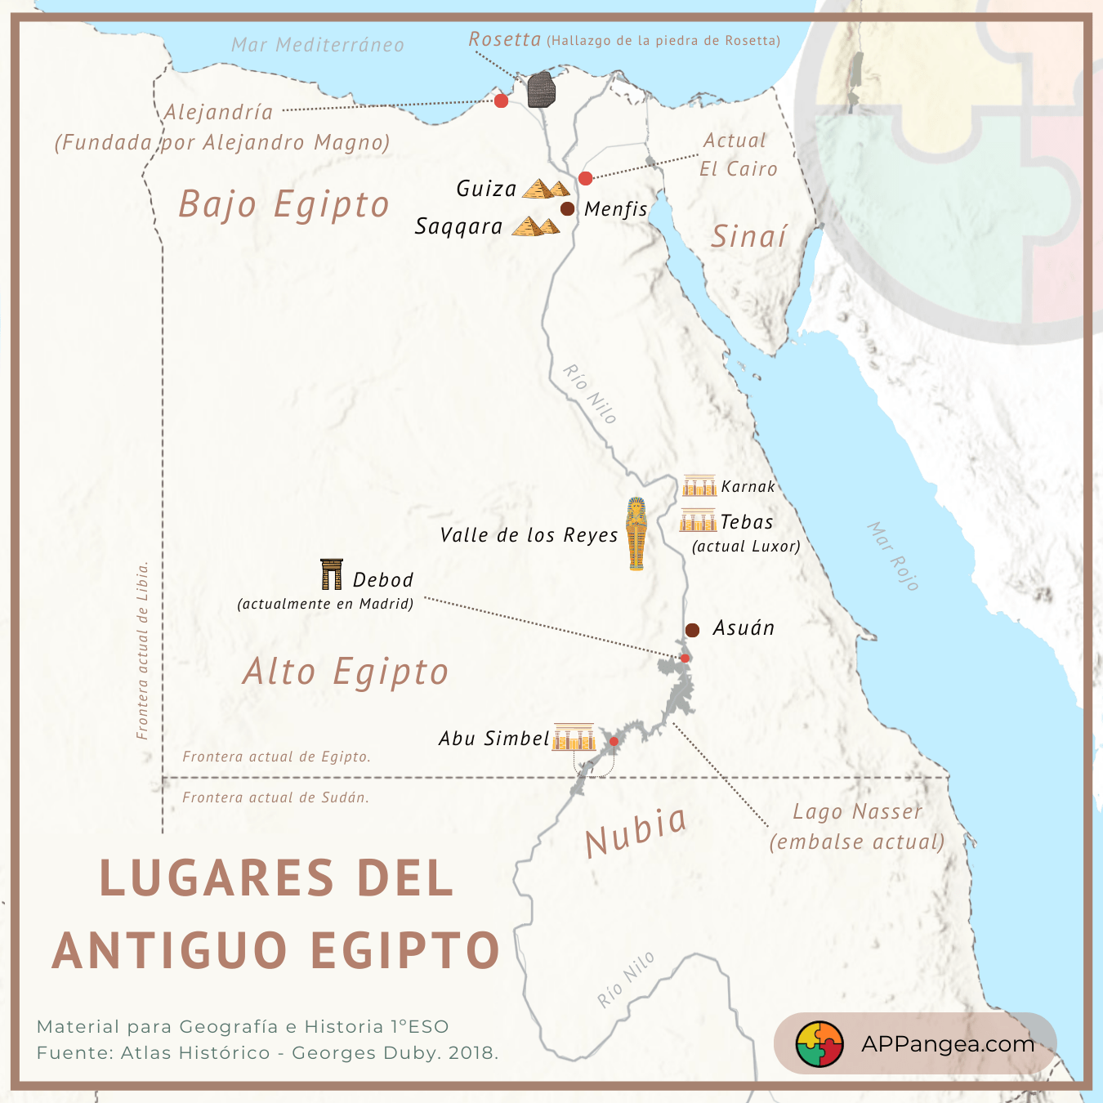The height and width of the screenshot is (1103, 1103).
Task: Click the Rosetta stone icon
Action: pos(541,90)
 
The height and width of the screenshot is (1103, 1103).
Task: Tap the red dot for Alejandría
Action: pos(502,100)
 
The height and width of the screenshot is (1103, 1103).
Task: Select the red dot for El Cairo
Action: pos(585,178)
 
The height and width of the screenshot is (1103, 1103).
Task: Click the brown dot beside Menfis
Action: pos(567,208)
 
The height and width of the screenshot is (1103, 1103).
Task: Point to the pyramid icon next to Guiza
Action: pos(546,190)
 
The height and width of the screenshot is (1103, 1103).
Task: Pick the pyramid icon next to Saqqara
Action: pos(536,226)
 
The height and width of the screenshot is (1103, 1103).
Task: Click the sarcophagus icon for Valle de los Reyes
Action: pos(636,533)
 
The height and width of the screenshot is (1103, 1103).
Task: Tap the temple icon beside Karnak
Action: pos(699,486)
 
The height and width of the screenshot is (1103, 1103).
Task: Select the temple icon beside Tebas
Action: pos(698,520)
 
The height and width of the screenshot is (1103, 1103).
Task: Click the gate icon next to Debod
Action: pos(332,574)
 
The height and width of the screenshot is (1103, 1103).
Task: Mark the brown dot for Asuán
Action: pos(692,630)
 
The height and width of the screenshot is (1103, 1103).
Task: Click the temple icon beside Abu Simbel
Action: pos(574,737)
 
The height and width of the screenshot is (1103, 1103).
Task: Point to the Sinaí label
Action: pos(748,237)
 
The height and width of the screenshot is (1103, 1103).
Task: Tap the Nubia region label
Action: pos(636,831)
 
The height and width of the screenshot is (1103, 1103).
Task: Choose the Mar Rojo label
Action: pos(893,556)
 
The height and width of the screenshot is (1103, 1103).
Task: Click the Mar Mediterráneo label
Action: pos(318,45)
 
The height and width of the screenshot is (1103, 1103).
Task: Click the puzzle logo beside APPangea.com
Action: pos(819,1044)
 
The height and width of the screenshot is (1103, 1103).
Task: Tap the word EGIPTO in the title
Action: pos(405,951)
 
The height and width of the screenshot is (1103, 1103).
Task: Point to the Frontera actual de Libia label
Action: pos(143,650)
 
